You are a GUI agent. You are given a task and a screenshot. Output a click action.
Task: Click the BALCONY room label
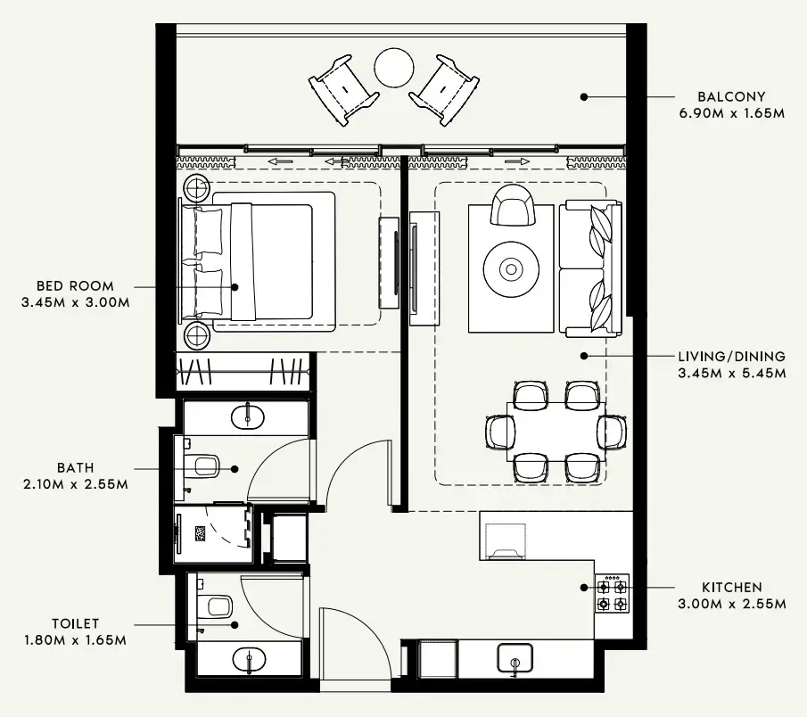pos(731,96)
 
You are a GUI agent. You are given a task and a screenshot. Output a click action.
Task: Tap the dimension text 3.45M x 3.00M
pos(76,302)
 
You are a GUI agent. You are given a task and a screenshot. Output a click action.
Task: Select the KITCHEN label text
pos(731,588)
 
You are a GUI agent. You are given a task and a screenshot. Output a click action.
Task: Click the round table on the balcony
pos(393,68)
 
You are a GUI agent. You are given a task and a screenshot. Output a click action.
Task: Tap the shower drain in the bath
pos(202,534)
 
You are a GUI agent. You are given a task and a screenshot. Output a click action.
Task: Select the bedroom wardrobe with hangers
pos(243,371)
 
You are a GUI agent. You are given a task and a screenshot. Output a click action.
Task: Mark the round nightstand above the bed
pos(196,187)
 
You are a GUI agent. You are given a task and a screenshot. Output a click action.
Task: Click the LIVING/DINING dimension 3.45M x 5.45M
pos(731,373)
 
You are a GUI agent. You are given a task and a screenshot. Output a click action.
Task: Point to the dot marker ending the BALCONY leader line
pos(584,96)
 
